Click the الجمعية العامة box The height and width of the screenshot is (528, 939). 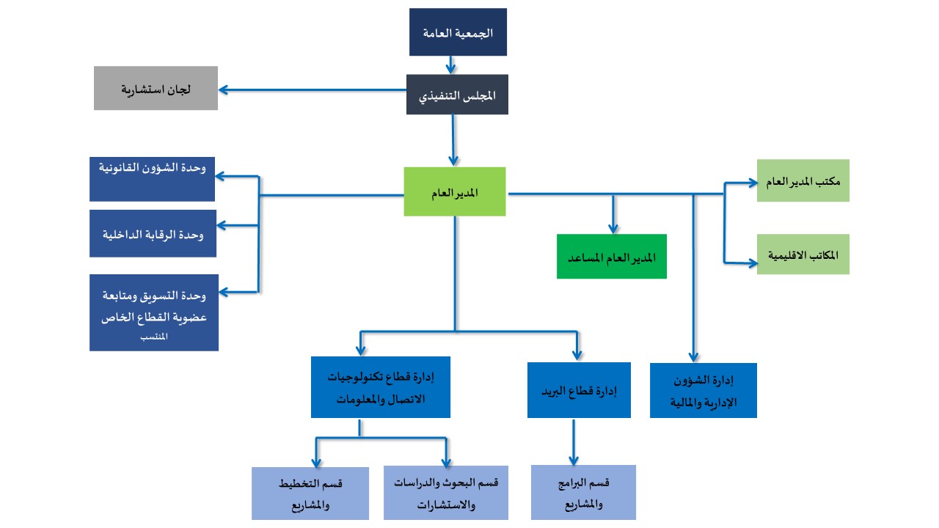click(458, 32)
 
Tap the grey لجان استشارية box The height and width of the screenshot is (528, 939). click(156, 88)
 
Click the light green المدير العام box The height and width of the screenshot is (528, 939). click(455, 191)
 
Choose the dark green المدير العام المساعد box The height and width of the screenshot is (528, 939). click(612, 257)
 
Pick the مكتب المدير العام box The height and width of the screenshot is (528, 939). click(803, 180)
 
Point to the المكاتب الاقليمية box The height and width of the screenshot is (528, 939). click(803, 254)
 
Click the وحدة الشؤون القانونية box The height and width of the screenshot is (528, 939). click(152, 178)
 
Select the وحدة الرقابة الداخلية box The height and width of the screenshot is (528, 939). click(153, 233)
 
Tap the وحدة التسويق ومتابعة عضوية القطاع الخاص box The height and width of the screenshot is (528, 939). click(153, 312)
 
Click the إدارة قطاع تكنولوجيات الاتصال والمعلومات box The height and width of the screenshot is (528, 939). click(380, 387)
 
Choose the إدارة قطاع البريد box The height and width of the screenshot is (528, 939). click(579, 389)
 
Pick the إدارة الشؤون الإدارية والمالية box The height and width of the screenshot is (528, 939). click(703, 390)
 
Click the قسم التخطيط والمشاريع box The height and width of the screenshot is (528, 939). click(310, 493)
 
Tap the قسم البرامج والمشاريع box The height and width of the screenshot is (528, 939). click(583, 492)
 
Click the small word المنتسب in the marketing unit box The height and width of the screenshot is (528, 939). click(153, 337)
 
